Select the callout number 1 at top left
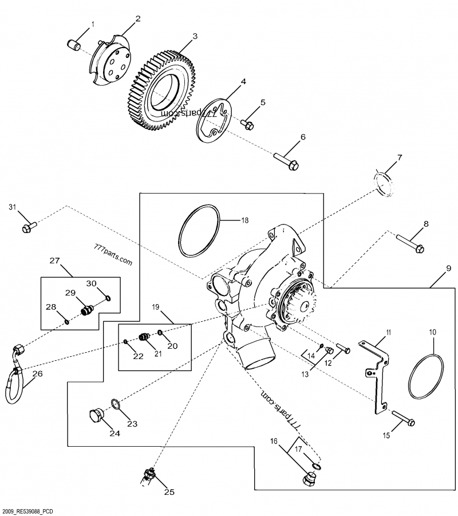(x=93, y=24)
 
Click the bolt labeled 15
(x=404, y=419)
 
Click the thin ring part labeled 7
(x=385, y=183)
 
